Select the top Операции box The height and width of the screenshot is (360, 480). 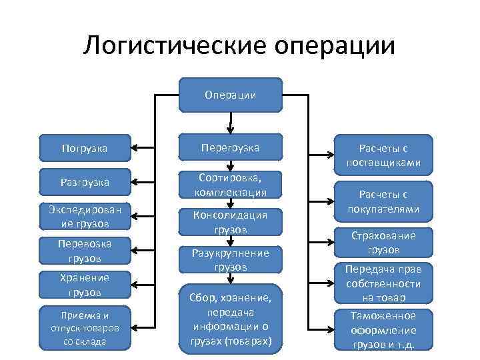pyautogui.click(x=231, y=95)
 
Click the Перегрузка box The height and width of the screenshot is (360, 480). pyautogui.click(x=231, y=147)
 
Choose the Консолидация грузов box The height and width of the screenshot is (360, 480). pyautogui.click(x=231, y=222)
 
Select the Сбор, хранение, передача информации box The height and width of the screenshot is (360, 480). pyautogui.click(x=231, y=319)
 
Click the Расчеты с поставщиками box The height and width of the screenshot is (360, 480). pyautogui.click(x=383, y=155)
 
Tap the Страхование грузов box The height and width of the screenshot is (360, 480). pyautogui.click(x=383, y=243)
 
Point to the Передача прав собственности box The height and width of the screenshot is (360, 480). pyautogui.click(x=383, y=284)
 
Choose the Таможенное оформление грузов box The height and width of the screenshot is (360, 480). pyautogui.click(x=383, y=329)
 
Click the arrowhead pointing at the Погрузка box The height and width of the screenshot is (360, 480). pyautogui.click(x=134, y=147)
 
